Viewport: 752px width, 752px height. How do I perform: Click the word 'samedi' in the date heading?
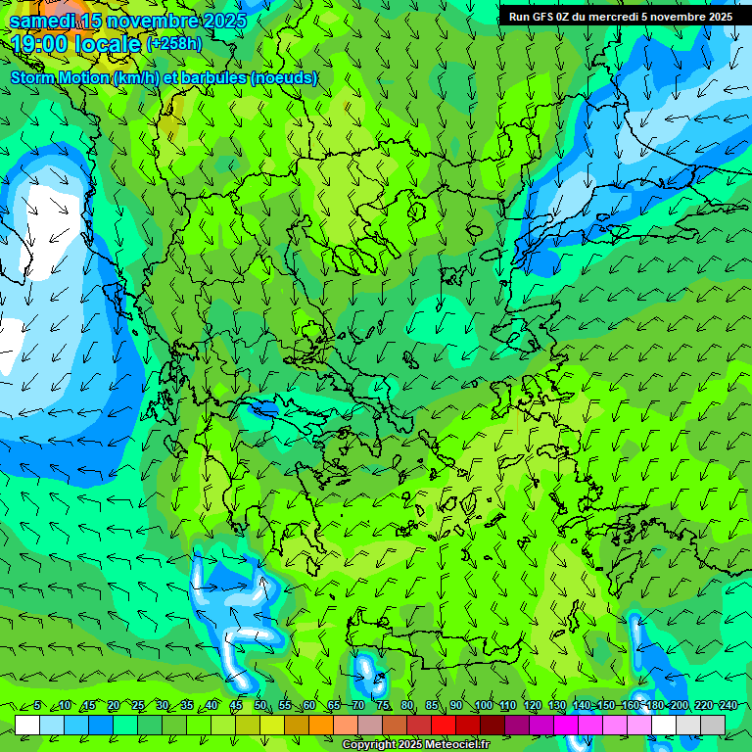[40, 21]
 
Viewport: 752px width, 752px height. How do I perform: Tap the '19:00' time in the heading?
[42, 44]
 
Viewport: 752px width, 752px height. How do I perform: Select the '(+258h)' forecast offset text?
[174, 44]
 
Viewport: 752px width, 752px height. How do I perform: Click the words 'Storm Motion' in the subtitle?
[60, 78]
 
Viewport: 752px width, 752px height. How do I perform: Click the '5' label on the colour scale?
[37, 706]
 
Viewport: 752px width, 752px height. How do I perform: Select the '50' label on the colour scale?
[260, 706]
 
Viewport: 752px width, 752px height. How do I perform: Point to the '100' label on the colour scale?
[483, 706]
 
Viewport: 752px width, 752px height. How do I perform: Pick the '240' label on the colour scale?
[728, 706]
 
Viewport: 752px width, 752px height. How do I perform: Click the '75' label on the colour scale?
[383, 706]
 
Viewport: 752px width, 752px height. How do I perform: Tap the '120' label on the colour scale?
[532, 706]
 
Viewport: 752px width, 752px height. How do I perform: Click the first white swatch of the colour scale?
[27, 725]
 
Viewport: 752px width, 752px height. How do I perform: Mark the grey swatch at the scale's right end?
[713, 725]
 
